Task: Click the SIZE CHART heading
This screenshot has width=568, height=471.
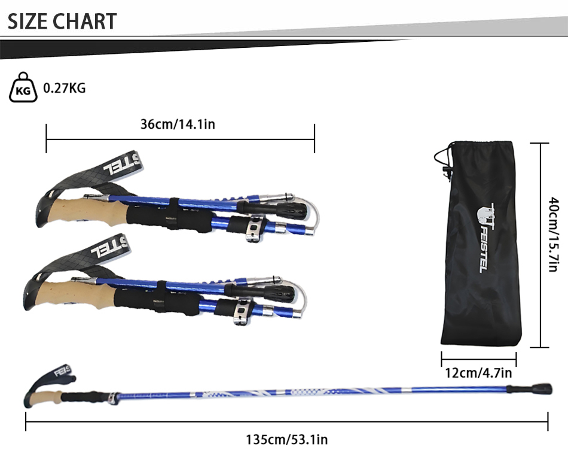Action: pyautogui.click(x=62, y=22)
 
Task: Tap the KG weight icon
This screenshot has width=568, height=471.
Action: pyautogui.click(x=23, y=87)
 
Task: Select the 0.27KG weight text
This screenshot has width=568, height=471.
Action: pyautogui.click(x=65, y=88)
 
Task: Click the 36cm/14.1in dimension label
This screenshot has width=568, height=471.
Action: pyautogui.click(x=178, y=124)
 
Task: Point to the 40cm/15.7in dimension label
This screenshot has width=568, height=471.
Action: pyautogui.click(x=553, y=234)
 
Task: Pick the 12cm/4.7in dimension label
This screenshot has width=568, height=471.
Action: pyautogui.click(x=478, y=373)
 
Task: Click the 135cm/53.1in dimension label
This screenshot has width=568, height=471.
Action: pyautogui.click(x=286, y=439)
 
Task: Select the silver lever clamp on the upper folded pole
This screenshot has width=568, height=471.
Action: pyautogui.click(x=255, y=229)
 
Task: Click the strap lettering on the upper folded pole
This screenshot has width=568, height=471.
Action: pyautogui.click(x=122, y=165)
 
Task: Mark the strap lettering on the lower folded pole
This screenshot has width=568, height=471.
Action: pyautogui.click(x=109, y=248)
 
